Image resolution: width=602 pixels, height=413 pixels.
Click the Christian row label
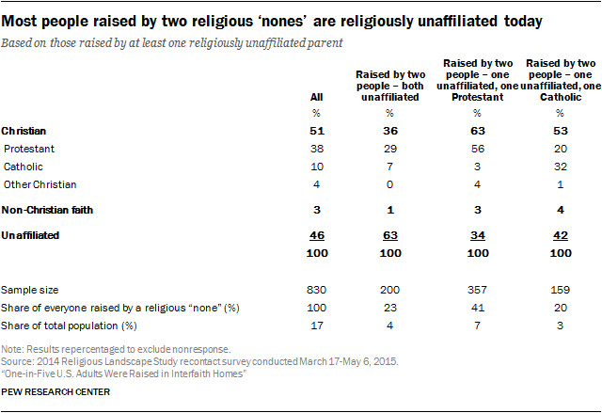tap(25, 132)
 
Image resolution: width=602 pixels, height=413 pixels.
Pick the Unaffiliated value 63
tap(388, 235)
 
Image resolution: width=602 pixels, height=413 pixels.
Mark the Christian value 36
tap(388, 132)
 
